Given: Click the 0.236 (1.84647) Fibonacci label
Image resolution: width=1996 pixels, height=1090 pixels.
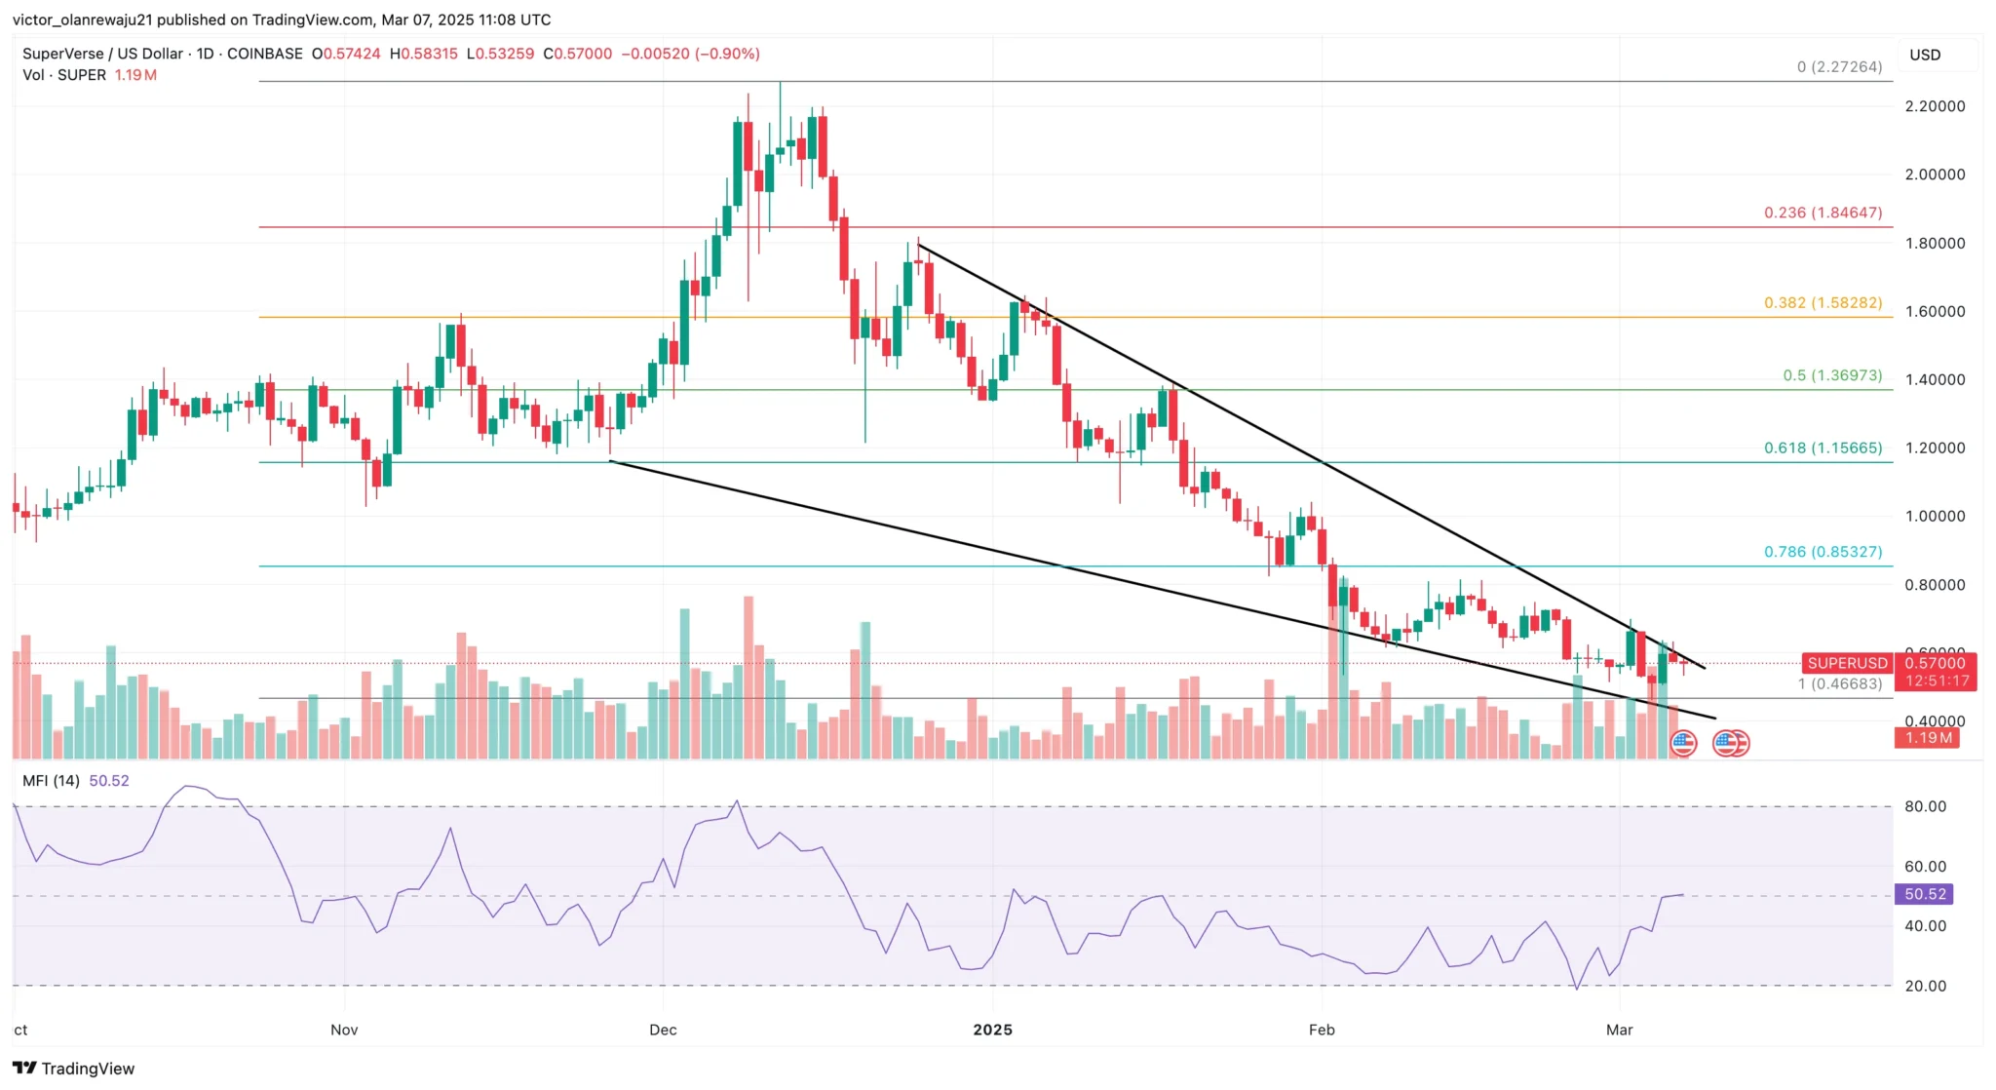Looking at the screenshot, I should [1823, 213].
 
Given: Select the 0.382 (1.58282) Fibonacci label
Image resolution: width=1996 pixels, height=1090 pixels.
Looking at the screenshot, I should [1823, 303].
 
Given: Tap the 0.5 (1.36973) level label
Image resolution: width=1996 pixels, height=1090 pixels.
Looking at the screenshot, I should [1832, 375].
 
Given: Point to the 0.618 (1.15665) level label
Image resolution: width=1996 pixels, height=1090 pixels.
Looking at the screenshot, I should [1823, 448].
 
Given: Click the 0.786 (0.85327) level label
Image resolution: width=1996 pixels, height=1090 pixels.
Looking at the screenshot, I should [1823, 552].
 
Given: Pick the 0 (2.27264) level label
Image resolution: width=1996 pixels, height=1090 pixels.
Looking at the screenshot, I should [1839, 67].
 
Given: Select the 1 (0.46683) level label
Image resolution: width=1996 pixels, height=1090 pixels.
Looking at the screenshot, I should [1839, 683].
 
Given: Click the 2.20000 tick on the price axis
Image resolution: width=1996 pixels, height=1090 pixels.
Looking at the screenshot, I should [1935, 106].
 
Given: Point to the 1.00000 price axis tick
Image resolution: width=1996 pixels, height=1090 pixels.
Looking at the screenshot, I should [1935, 517].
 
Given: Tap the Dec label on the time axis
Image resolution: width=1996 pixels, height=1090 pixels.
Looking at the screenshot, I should [663, 1030].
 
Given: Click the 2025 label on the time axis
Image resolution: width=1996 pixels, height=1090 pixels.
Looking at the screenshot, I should [993, 1030].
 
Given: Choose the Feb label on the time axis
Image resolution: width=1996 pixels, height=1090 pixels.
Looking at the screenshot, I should [1322, 1030].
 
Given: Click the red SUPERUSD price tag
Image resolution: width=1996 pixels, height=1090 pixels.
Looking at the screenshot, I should [1847, 664].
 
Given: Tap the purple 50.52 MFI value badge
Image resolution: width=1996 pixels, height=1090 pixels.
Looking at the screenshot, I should [1925, 894].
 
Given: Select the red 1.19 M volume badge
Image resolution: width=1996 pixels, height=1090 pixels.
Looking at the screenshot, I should [1928, 738].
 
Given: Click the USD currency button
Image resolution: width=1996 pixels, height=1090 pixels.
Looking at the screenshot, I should [1925, 55].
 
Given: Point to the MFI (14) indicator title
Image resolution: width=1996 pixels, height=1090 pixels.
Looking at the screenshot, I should [51, 781].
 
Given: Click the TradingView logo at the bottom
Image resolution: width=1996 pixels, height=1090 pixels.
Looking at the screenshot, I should [74, 1069].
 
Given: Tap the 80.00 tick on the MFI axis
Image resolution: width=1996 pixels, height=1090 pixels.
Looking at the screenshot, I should [1925, 806].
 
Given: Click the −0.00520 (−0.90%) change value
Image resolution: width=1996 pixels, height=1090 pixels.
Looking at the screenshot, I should [690, 54].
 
